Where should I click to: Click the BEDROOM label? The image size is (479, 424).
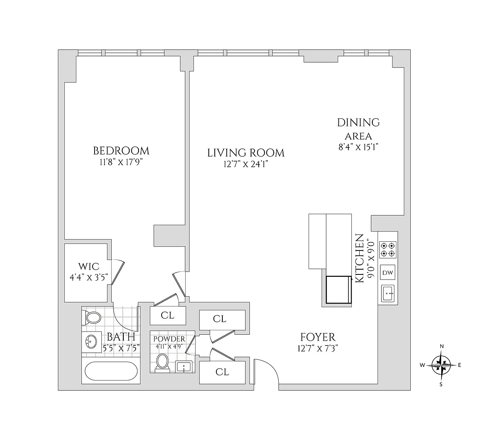pos(121,151)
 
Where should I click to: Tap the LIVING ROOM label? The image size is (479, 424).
pos(245,153)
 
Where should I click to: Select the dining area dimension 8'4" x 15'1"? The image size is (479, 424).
pos(358,147)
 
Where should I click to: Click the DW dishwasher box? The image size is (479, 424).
pos(388,272)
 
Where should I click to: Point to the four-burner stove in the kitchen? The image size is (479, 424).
pos(388,250)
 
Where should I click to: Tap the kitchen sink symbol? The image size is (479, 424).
pos(388,294)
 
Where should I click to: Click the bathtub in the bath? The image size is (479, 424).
pos(111,371)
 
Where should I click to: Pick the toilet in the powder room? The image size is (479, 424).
pos(162,362)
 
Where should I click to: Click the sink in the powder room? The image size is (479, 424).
pos(184,367)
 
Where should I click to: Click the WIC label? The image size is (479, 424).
pos(89,266)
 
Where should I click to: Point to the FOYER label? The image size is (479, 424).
pos(318,337)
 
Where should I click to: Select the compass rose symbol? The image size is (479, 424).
pos(441,365)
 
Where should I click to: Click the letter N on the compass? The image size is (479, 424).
pos(441,346)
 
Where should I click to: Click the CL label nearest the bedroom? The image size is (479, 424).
pos(167,315)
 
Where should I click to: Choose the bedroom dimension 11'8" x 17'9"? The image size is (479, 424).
pos(121,162)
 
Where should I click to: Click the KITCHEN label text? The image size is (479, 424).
pos(359,258)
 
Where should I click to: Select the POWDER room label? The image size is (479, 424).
pos(169,339)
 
